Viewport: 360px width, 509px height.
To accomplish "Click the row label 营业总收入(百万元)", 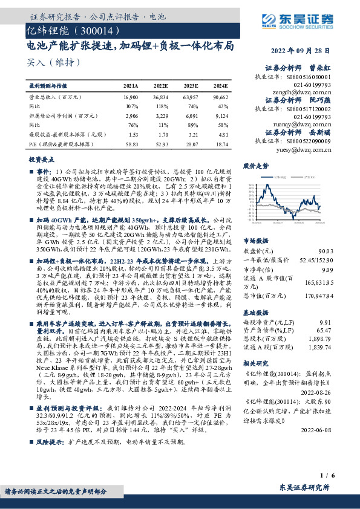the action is coord(55,97).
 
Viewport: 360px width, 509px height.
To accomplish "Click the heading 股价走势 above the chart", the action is coord(255,166).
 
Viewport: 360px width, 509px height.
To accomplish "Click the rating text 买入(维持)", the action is coord(54,62).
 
